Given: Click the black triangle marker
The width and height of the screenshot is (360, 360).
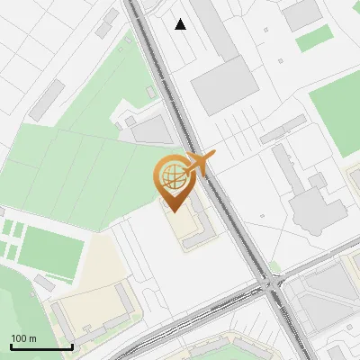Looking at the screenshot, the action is point(181,24).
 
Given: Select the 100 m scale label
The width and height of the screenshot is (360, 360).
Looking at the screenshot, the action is point(24,338).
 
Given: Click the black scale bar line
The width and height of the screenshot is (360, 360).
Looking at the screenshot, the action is point(41,346).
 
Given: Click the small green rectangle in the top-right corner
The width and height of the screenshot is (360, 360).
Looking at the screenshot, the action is point(314,39).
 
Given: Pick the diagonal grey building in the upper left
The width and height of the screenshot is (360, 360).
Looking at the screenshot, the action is point(47,99).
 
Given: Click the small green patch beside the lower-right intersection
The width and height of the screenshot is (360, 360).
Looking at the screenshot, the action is point(274,267).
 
